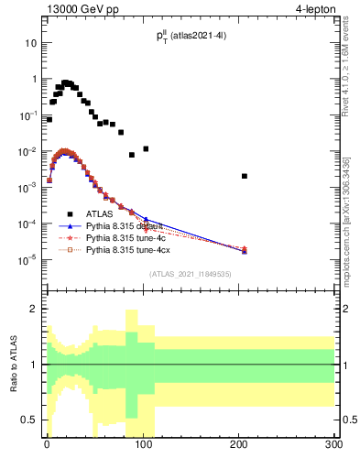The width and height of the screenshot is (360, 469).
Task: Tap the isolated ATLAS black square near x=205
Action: point(245,176)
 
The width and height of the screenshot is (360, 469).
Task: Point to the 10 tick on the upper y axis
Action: point(31,43)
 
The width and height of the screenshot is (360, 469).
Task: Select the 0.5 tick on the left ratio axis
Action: point(29,420)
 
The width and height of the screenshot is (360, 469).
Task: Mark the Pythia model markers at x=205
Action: point(245,249)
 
